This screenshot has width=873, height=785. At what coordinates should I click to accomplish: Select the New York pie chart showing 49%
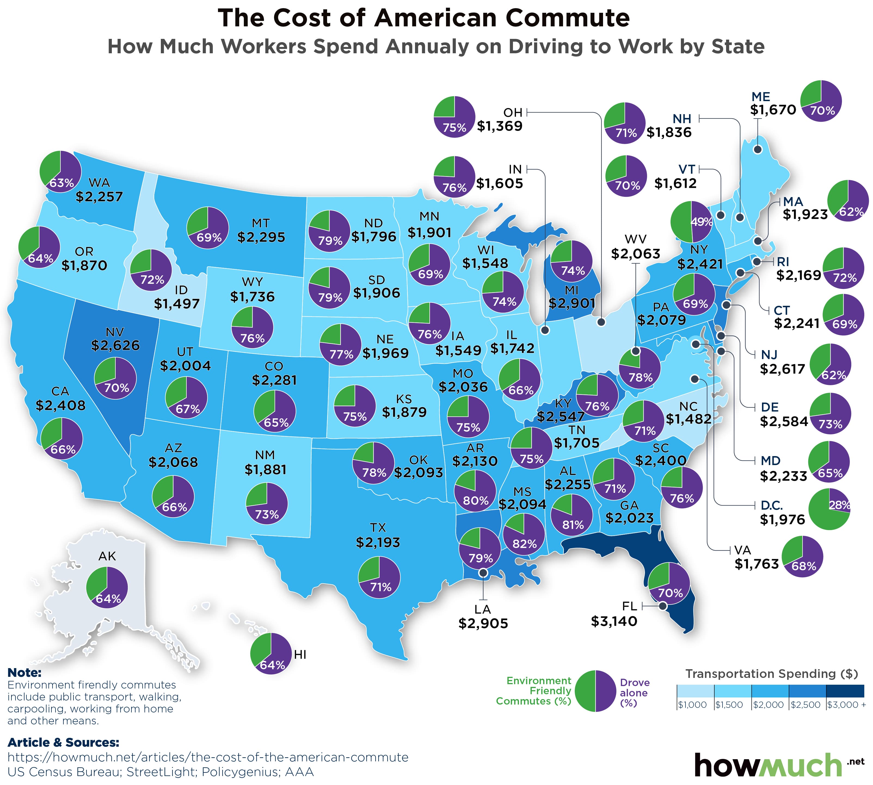(x=691, y=222)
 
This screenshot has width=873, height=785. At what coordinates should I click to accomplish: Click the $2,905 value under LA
(x=483, y=623)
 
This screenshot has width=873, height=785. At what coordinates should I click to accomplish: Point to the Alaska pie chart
(x=107, y=587)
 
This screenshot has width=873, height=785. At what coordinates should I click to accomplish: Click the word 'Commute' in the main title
(x=567, y=18)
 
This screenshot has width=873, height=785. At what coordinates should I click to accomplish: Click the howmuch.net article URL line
(x=208, y=757)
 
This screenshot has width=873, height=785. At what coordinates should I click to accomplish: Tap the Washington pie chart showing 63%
(x=60, y=171)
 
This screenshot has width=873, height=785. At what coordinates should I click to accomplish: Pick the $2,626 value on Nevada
(x=115, y=345)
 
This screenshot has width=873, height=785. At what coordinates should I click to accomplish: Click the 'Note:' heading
(x=24, y=672)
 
